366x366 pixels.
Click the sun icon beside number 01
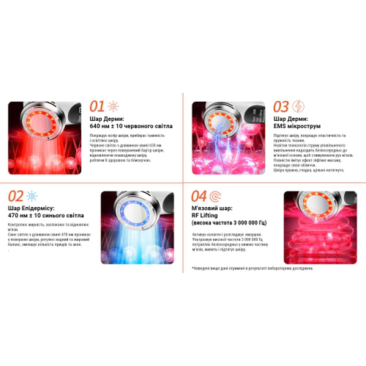tap(114, 106)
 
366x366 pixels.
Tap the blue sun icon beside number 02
tap(32, 196)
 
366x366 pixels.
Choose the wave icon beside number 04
tap(215, 196)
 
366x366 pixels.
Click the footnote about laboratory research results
tap(252, 268)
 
